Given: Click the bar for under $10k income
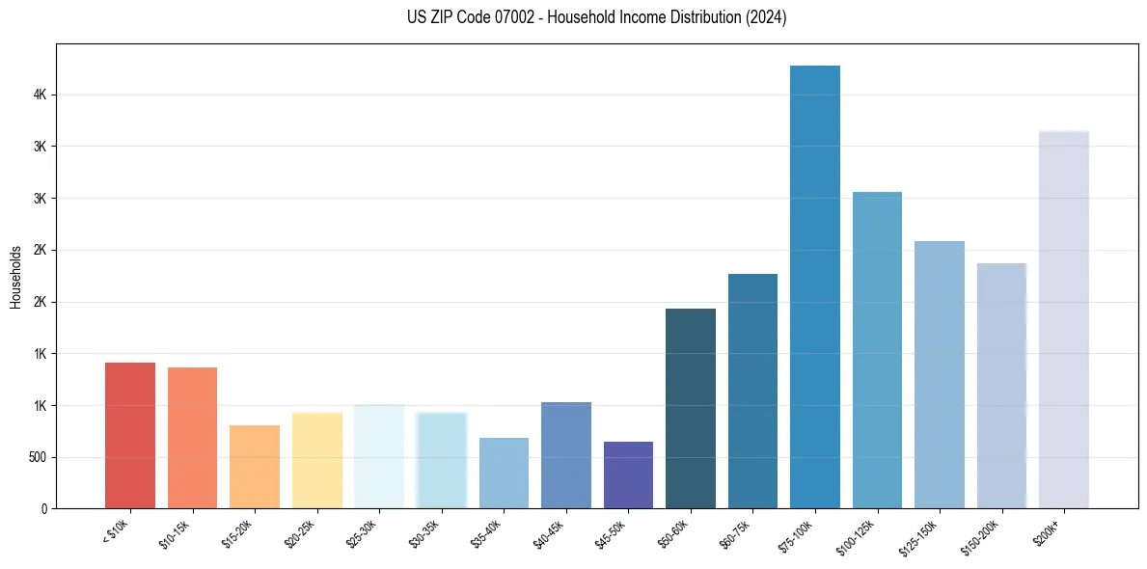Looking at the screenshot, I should pos(130,435).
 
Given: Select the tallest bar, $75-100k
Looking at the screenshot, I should pos(815,286).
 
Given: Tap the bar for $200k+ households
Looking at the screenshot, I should pos(1064,319).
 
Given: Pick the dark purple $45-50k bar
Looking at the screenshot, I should pos(628,474).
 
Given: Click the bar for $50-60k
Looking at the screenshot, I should pos(691,408).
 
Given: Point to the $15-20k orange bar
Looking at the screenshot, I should pos(255,467).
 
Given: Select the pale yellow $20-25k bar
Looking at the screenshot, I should pos(317,460).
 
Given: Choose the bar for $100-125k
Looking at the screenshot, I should pos(877,350).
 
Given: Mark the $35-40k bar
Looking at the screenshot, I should pos(504,473).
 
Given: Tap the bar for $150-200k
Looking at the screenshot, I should pos(1001,386).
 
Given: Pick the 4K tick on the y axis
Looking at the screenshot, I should pos(39,95).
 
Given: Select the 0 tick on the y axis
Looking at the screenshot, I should pos(42,508).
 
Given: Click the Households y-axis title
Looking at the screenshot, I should pos(16,277).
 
